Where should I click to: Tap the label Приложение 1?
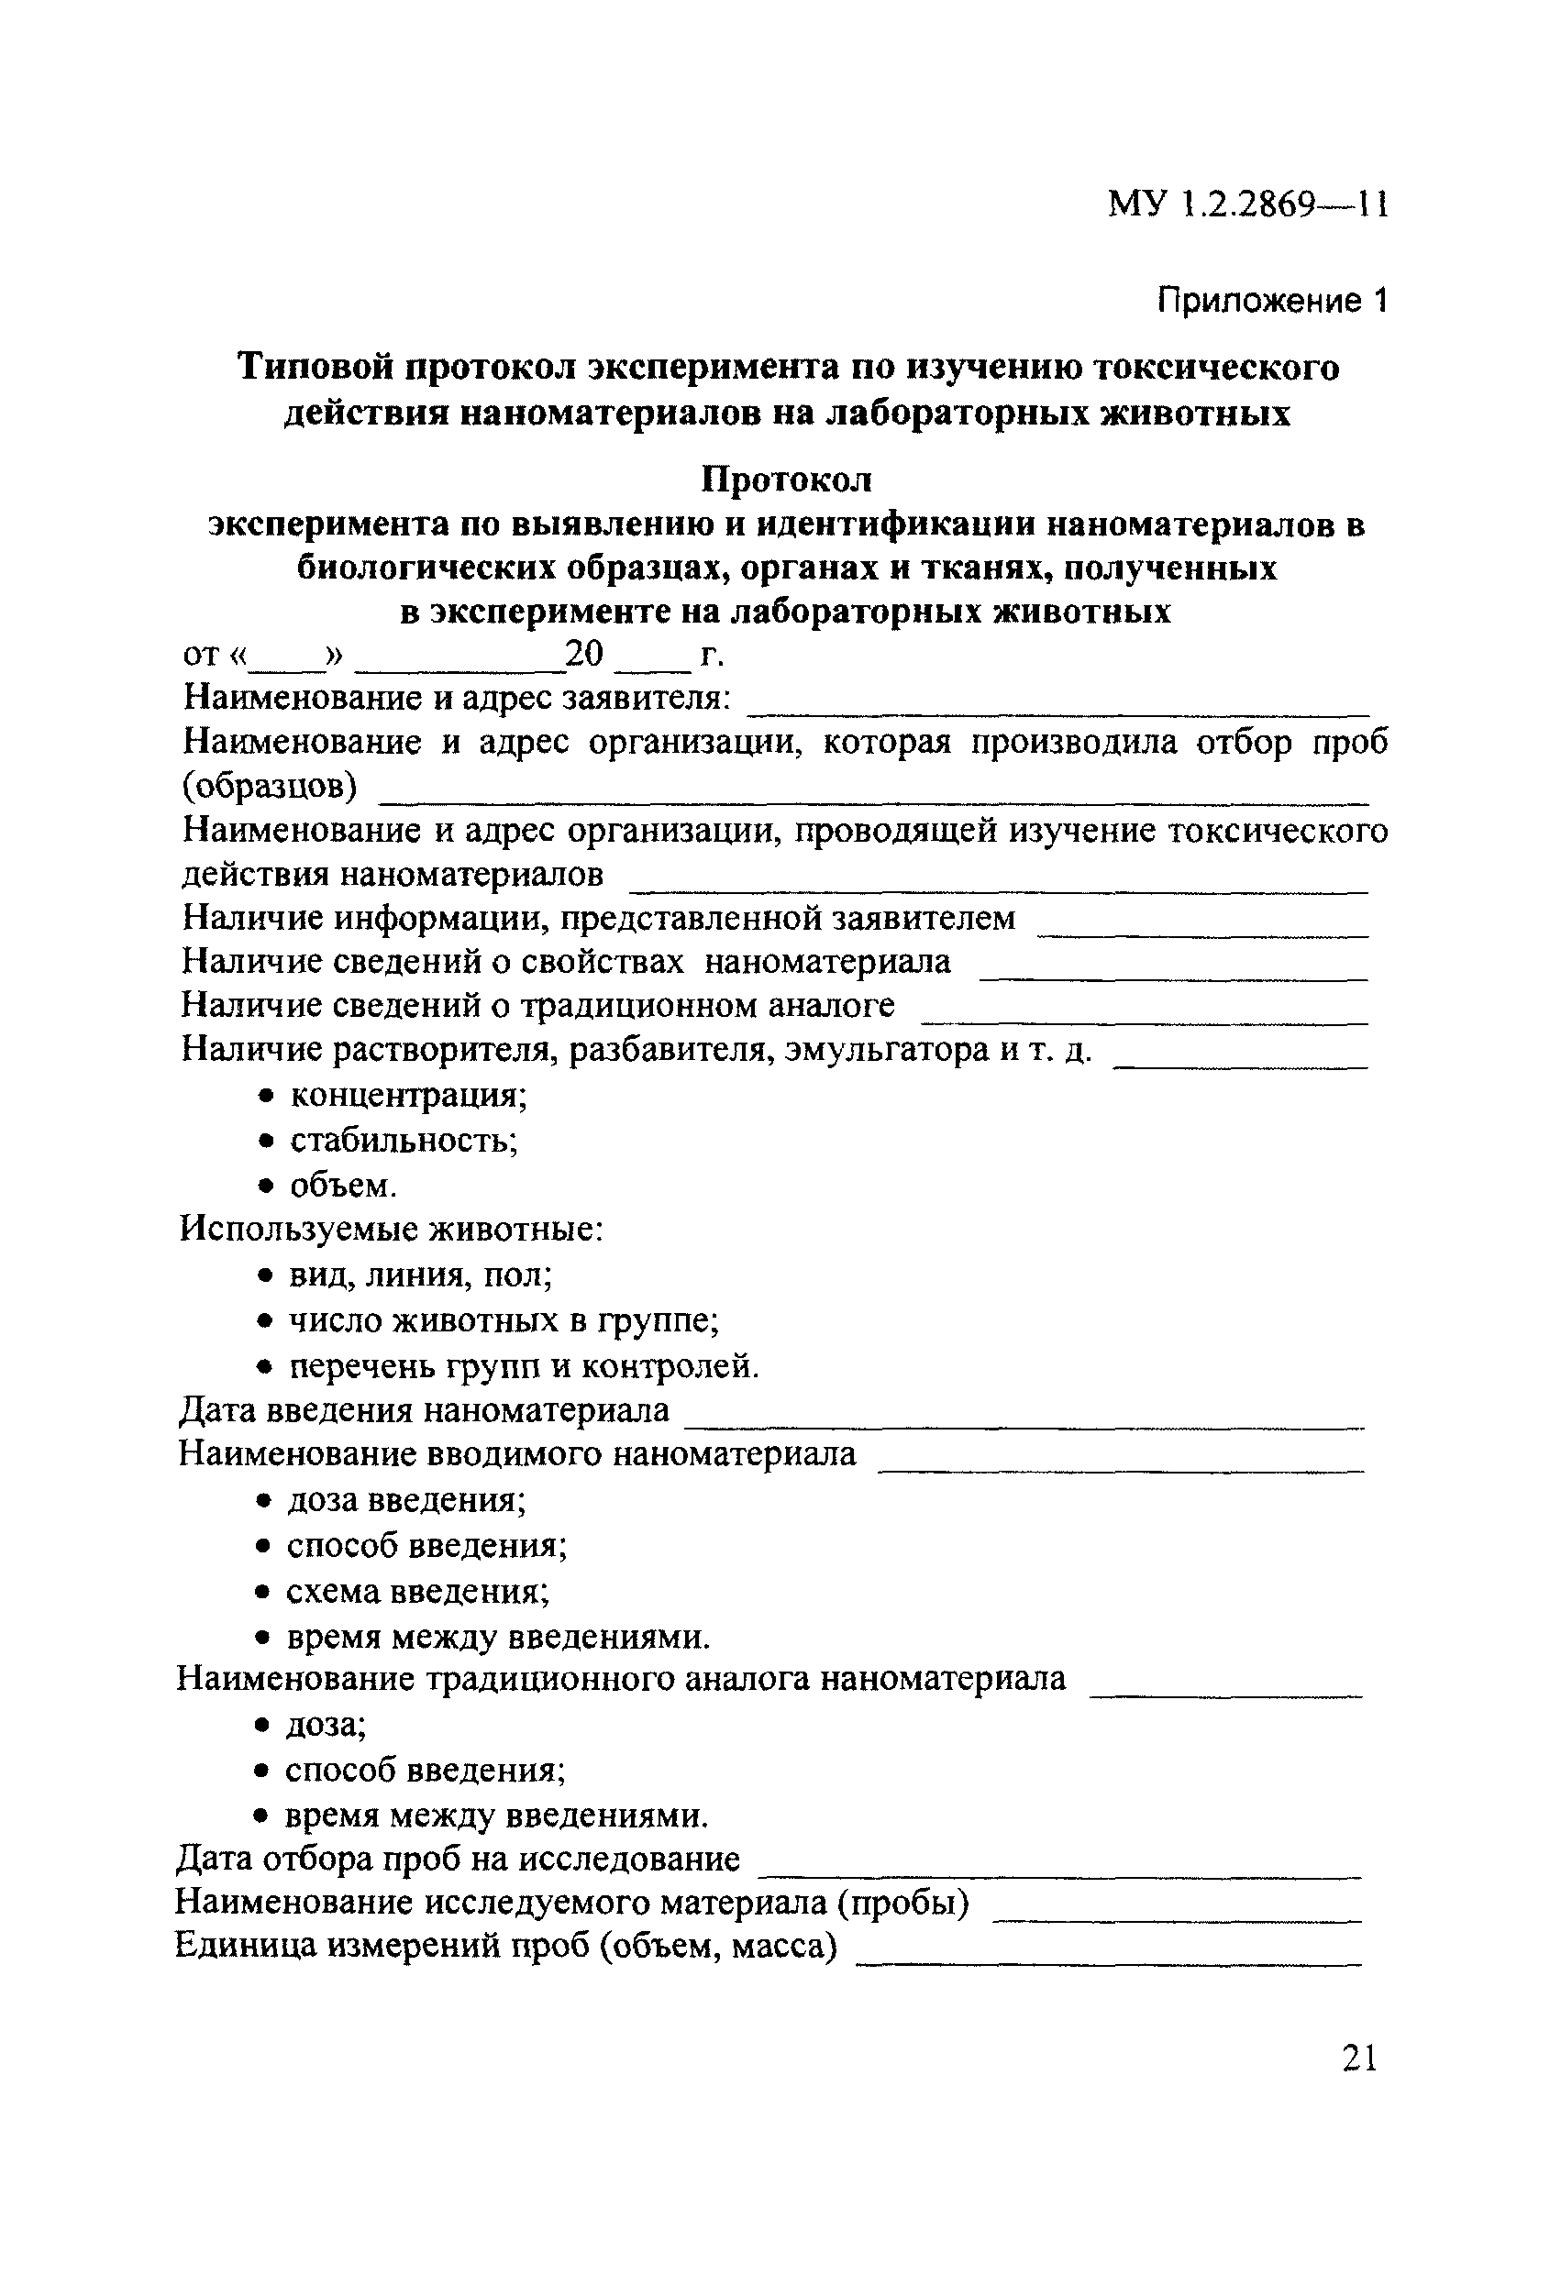(x=1271, y=301)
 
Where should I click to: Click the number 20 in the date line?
(x=584, y=654)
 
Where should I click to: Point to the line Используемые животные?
(x=391, y=1229)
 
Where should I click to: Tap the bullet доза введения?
(x=406, y=1500)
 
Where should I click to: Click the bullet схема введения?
(x=417, y=1591)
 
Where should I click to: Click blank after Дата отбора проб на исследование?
(x=1060, y=1864)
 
